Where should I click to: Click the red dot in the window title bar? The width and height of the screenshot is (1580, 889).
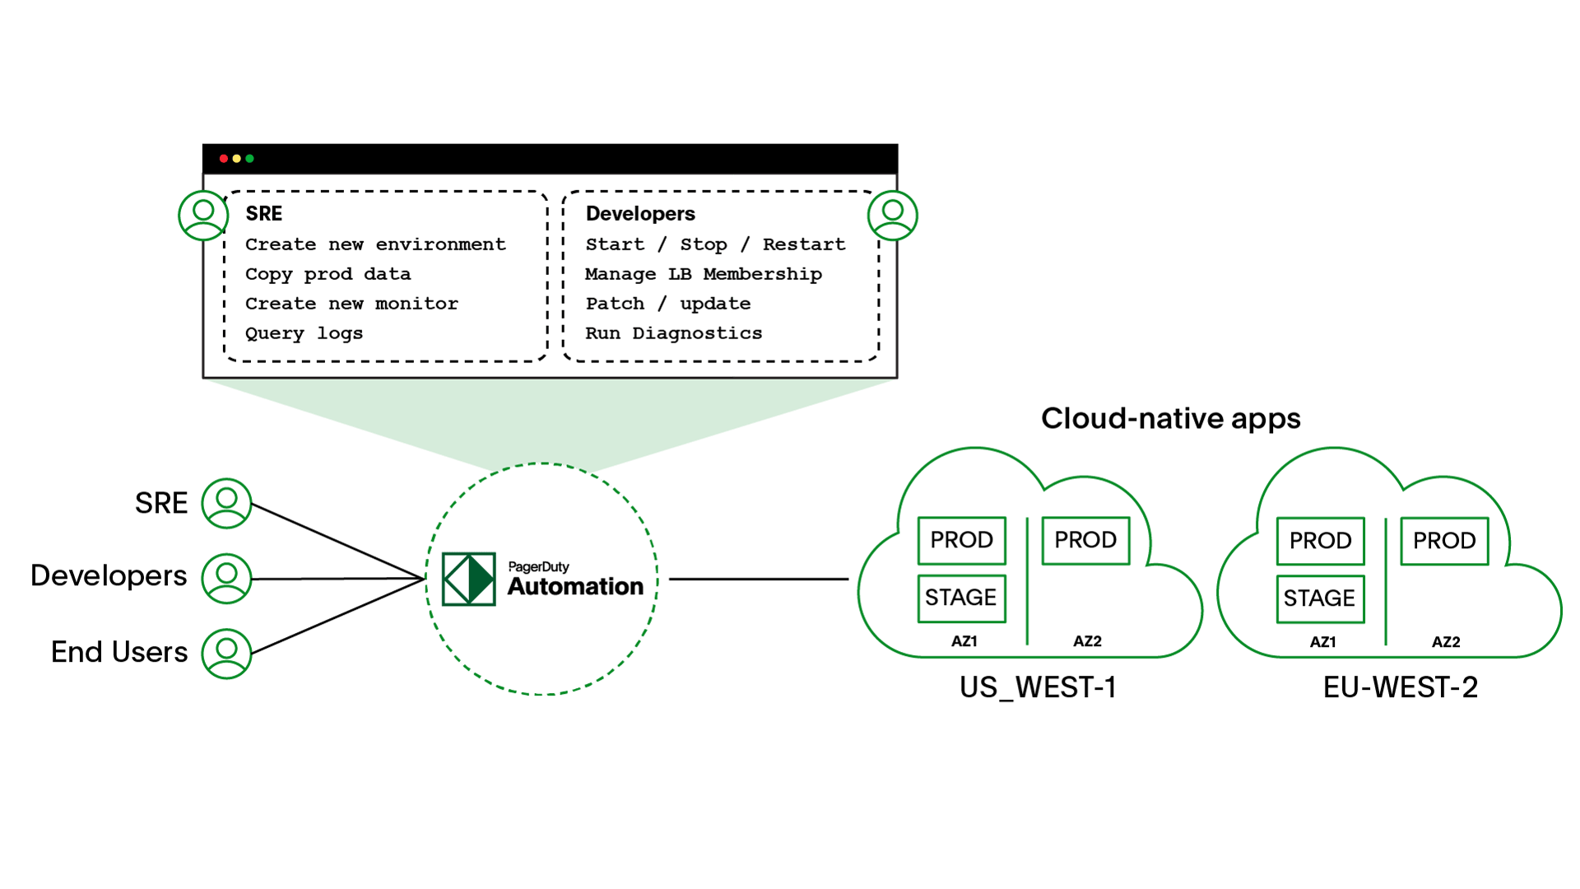click(223, 158)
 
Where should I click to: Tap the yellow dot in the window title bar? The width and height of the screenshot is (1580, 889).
click(236, 158)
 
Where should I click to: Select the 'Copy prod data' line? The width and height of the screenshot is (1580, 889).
click(328, 274)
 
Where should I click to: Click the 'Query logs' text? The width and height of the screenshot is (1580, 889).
click(304, 333)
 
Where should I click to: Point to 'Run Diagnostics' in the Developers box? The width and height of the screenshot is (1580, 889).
click(673, 333)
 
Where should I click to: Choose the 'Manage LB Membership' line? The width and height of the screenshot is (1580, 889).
click(703, 274)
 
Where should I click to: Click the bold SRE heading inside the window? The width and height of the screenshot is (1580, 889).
click(263, 214)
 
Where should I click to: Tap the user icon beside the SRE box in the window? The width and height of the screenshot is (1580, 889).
click(203, 215)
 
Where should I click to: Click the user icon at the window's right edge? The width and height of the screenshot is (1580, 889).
click(892, 215)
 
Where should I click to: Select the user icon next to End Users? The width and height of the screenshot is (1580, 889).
click(226, 654)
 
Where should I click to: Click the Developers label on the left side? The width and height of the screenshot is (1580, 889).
click(109, 576)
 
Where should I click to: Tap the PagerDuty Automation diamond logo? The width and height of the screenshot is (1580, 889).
click(468, 579)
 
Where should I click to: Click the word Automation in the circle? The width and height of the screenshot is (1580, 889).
click(575, 587)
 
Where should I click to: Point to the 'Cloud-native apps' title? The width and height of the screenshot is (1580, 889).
click(1170, 419)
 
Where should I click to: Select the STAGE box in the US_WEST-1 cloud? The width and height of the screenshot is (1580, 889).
click(961, 598)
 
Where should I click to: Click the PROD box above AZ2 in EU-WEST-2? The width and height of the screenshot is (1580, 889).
click(1444, 541)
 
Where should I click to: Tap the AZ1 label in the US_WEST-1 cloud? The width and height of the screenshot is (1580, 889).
click(964, 641)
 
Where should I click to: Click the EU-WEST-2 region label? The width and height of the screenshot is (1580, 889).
click(1400, 687)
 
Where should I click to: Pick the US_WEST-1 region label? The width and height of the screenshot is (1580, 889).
click(1038, 687)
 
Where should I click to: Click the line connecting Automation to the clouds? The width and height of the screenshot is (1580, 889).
click(757, 579)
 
